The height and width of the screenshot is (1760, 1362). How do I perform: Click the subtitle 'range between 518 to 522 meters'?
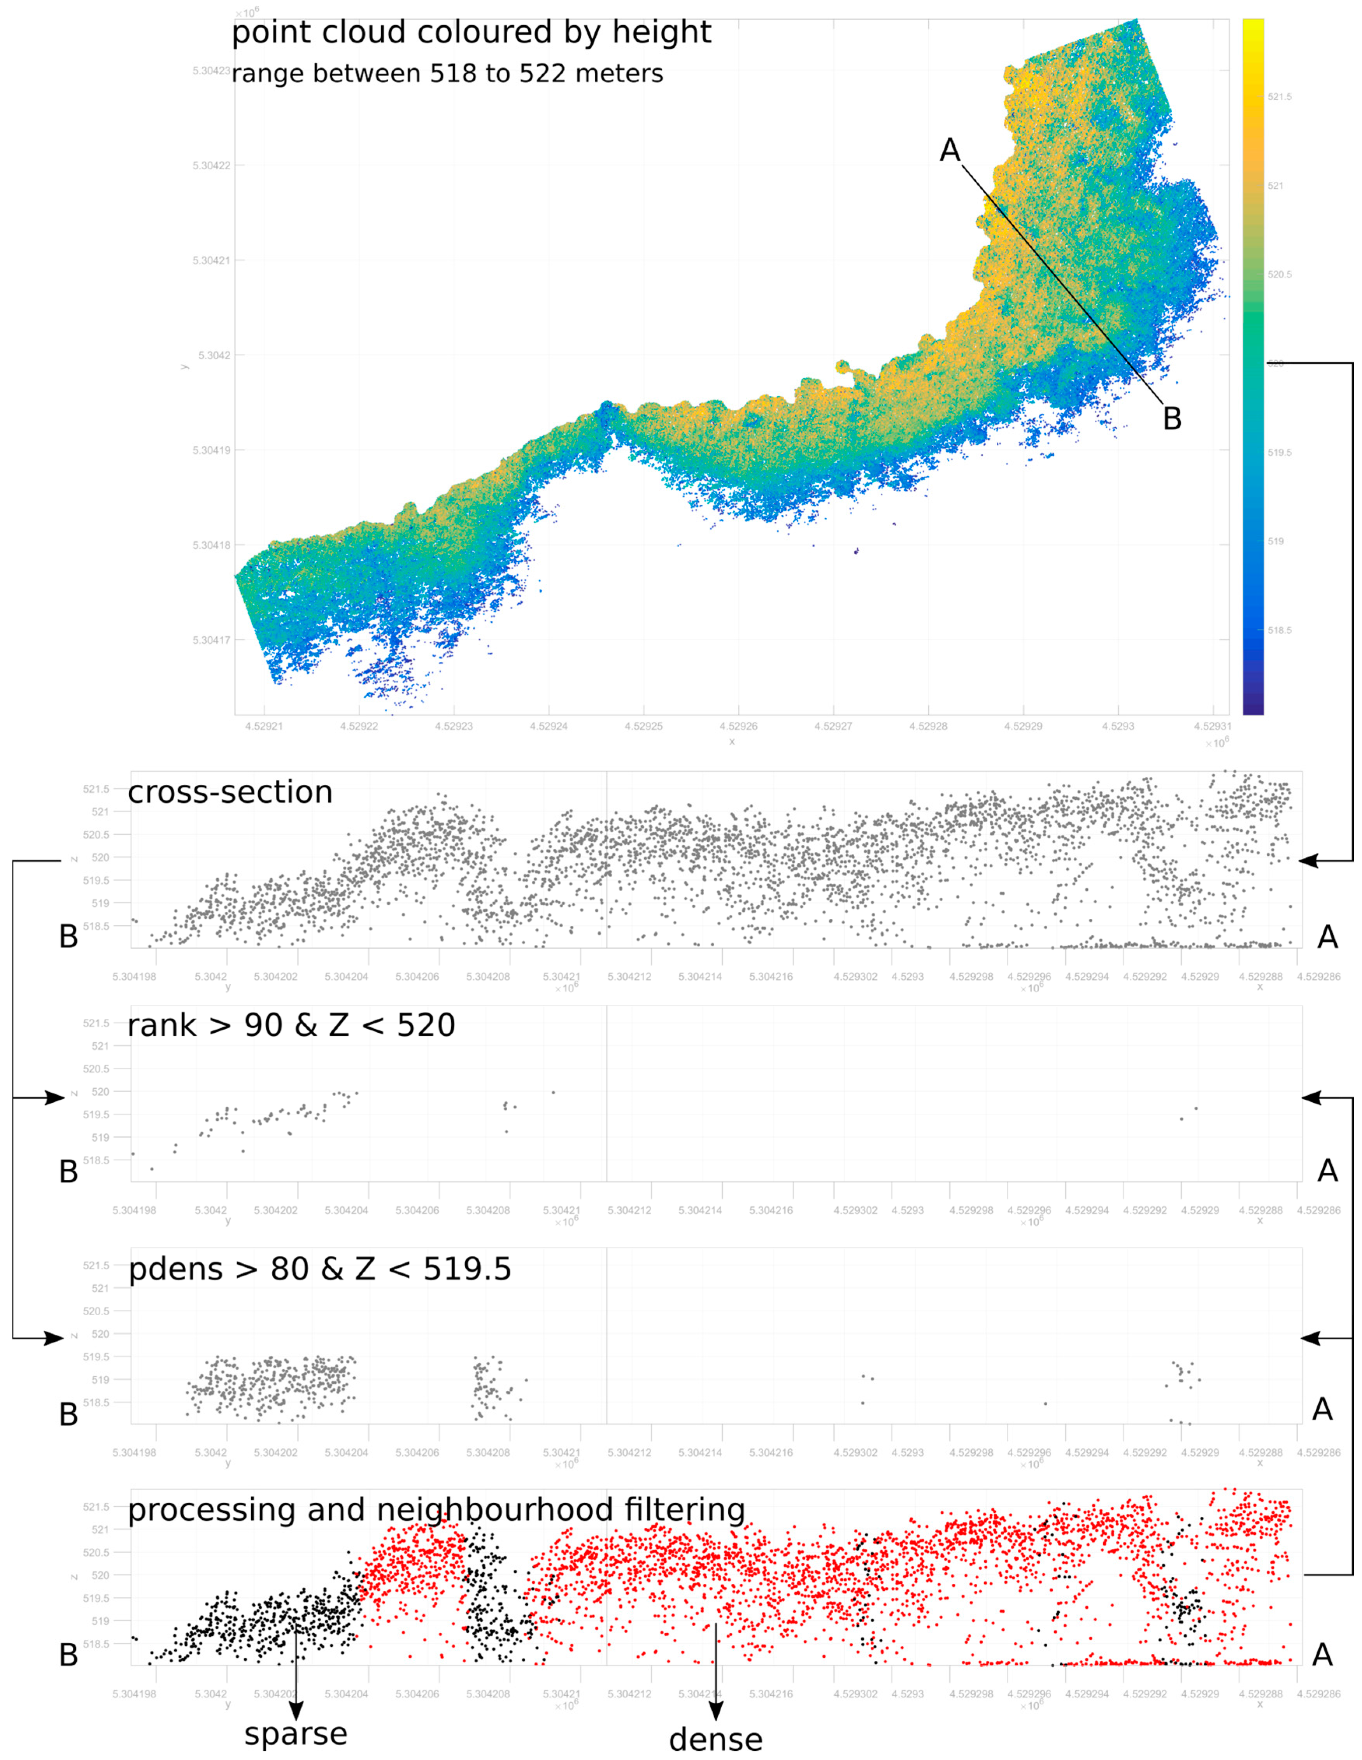coord(447,74)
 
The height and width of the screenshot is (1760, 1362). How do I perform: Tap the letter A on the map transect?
coord(950,150)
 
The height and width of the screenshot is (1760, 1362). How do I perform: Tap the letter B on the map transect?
coord(1172,419)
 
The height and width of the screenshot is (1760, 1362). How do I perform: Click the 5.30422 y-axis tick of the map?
coord(211,165)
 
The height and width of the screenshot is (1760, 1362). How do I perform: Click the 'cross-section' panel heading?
coord(230,792)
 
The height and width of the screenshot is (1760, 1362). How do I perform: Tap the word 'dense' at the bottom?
coord(715,1739)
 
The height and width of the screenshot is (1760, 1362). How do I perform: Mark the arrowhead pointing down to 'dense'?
coord(715,1710)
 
